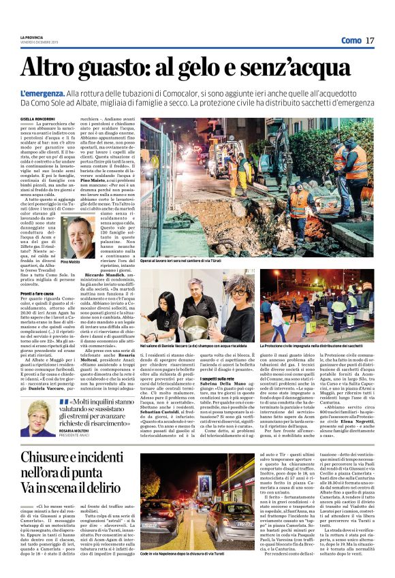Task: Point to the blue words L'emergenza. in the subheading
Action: tap(43, 93)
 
